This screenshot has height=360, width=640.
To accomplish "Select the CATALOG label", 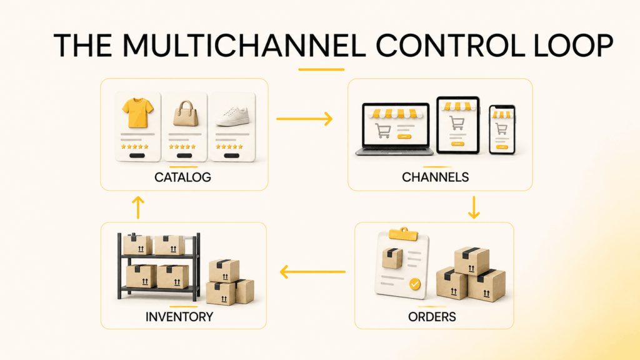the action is tap(182, 177).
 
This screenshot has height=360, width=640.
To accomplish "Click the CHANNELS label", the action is tap(435, 177).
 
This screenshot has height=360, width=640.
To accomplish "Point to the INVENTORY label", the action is tap(179, 317).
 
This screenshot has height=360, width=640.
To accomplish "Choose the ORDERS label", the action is tap(432, 317).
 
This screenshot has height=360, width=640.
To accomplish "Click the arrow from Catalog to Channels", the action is tap(304, 119).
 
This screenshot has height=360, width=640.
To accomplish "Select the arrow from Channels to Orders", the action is tap(474, 207).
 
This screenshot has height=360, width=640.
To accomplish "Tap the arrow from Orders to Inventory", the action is tap(312, 271).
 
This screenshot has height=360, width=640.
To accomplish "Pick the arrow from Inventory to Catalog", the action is tap(138, 207).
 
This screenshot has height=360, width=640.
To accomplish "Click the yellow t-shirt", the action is tap(137, 112).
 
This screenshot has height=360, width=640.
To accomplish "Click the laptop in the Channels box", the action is tap(395, 129).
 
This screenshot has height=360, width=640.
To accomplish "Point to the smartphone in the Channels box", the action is tap(502, 129).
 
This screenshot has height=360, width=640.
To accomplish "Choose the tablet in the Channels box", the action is tap(458, 125).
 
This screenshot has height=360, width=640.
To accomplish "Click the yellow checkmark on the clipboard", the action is tap(415, 284).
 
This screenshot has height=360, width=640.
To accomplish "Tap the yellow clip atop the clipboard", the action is tap(403, 234).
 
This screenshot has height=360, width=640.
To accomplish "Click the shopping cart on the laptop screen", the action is tap(383, 131).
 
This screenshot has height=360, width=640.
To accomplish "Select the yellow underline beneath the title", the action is tap(321, 69).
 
